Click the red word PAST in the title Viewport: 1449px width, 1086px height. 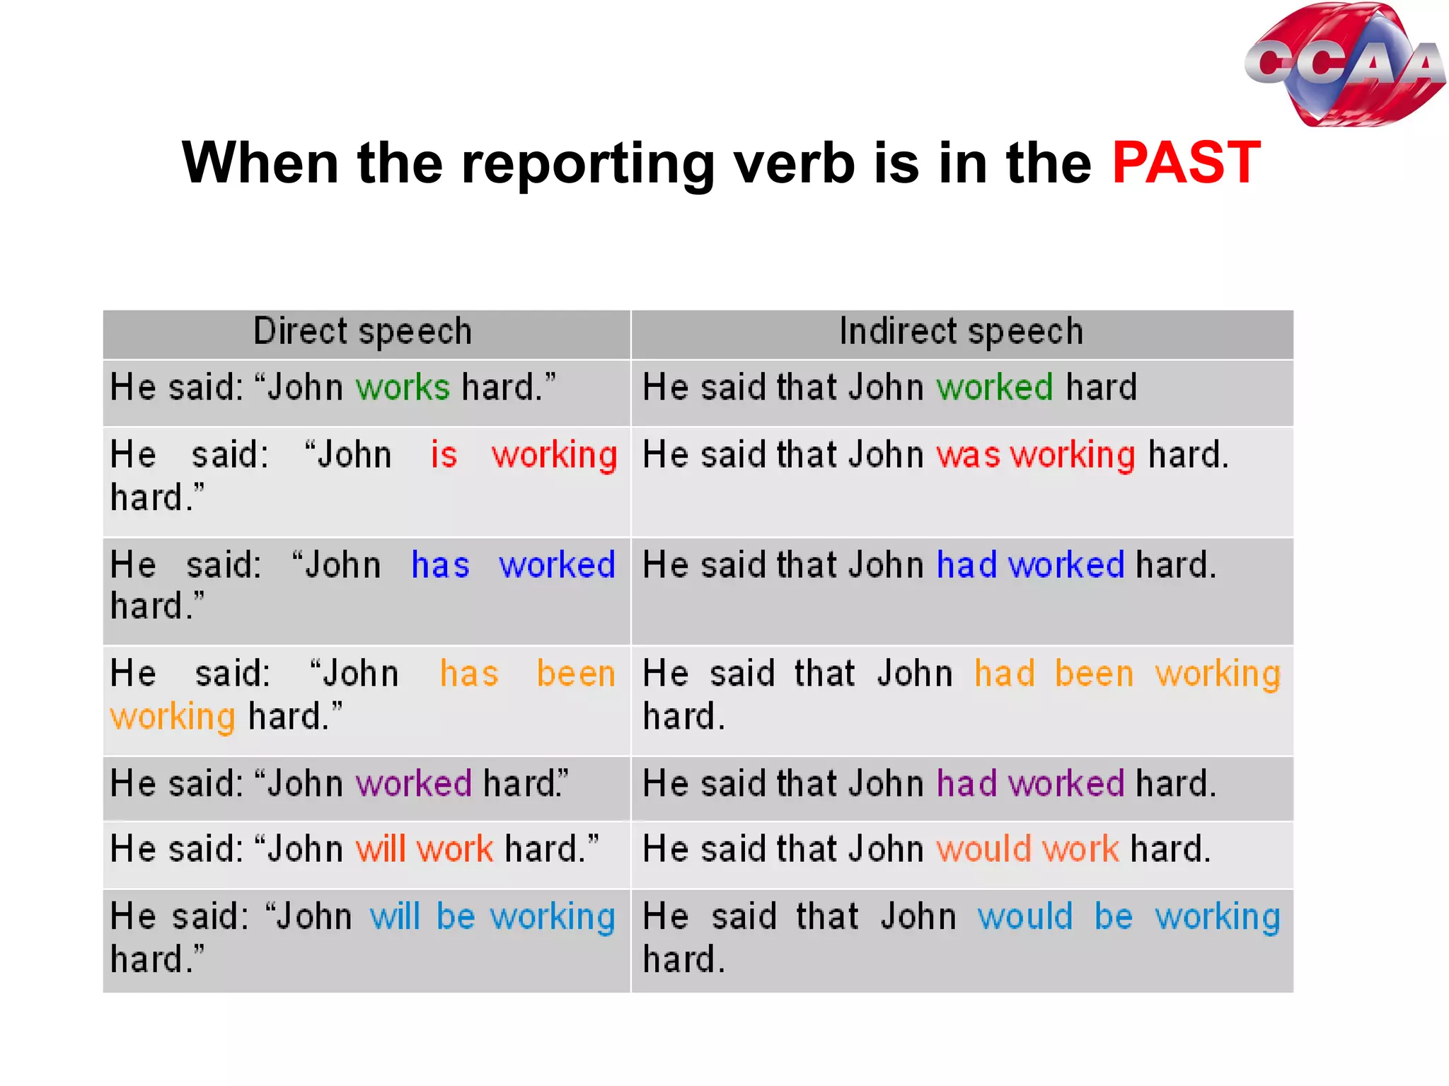pos(1187,163)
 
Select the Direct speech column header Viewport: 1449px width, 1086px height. pos(362,332)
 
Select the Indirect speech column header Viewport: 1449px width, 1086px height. pos(961,332)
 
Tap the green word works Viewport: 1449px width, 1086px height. pos(403,388)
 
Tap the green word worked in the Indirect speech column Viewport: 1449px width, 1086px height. pos(995,388)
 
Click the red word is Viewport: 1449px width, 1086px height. pos(444,454)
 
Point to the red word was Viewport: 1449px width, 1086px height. pos(968,454)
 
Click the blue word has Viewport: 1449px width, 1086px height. pos(440,565)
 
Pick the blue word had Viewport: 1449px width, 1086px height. pos(966,565)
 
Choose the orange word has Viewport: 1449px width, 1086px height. pos(469,674)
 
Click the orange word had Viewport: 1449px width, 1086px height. pos(1005,674)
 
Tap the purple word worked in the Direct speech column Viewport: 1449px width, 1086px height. pos(413,784)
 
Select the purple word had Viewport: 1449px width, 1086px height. pos(966,784)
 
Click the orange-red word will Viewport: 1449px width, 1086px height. pos(381,849)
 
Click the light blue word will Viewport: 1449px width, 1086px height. pos(396,917)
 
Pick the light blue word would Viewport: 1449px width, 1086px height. pos(1025,917)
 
